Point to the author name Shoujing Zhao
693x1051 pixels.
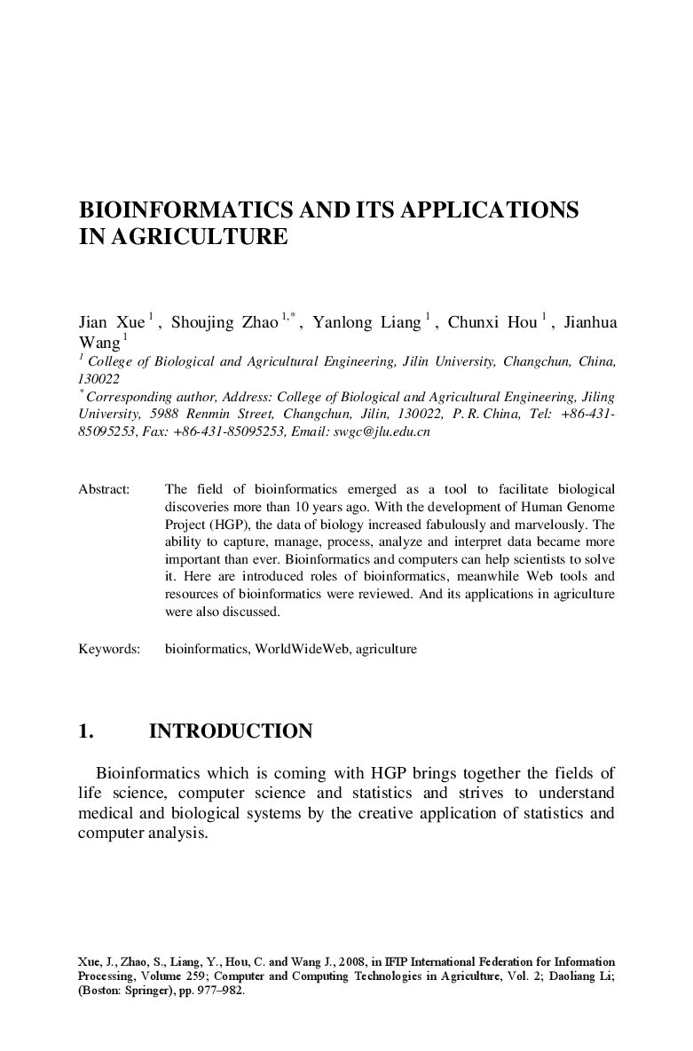point(224,322)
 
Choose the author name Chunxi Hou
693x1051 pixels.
point(492,322)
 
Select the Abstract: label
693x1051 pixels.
point(104,489)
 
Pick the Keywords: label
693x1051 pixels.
point(109,649)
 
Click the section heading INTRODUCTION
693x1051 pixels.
point(231,731)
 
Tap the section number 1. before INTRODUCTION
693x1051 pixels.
point(86,731)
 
